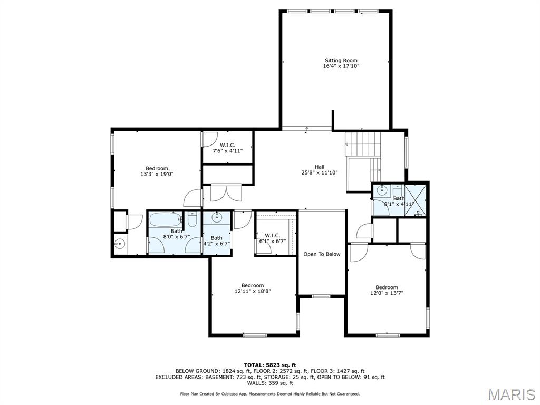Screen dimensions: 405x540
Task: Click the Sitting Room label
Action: click(341, 61)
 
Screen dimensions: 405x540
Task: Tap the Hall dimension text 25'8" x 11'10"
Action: click(319, 172)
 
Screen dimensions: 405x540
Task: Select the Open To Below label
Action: click(322, 254)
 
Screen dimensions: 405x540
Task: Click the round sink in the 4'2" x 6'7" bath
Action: click(217, 217)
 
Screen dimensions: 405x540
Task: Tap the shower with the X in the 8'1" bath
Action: click(416, 200)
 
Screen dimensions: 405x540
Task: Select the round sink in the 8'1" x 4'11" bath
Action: click(382, 190)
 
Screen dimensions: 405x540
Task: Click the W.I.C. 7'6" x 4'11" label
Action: click(227, 148)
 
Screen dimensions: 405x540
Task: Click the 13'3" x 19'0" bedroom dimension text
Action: click(157, 174)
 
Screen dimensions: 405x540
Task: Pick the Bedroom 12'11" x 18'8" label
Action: click(253, 288)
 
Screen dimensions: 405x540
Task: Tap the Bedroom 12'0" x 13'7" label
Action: click(387, 290)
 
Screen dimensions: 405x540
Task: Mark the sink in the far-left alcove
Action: click(119, 244)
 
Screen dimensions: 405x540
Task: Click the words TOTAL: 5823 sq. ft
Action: click(269, 365)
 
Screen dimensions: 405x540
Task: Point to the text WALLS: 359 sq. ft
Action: click(269, 383)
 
